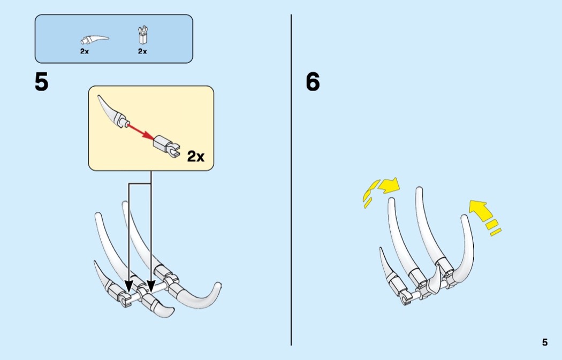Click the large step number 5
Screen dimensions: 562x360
pos(41,82)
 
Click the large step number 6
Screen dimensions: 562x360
pos(313,82)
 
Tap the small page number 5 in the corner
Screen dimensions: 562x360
pos(545,342)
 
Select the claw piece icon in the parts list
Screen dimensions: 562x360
pos(94,40)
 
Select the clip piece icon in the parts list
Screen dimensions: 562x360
pos(143,35)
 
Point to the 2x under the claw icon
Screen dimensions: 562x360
pos(85,51)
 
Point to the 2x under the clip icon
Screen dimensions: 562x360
pos(143,51)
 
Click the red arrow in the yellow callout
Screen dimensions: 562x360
pos(140,132)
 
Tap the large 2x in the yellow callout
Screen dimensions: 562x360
pos(196,157)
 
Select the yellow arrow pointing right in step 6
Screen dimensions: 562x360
pos(389,186)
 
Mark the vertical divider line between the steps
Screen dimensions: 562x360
pos(291,180)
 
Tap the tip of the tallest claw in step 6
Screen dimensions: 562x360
pos(419,189)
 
